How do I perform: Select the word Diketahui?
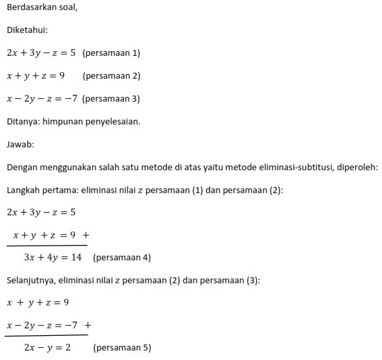27,30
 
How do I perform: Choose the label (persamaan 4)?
122,257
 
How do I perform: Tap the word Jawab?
20,144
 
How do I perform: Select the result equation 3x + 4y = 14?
53,257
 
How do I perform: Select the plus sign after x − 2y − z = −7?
88,325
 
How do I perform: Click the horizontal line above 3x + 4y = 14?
47,245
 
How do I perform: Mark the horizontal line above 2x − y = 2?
47,335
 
